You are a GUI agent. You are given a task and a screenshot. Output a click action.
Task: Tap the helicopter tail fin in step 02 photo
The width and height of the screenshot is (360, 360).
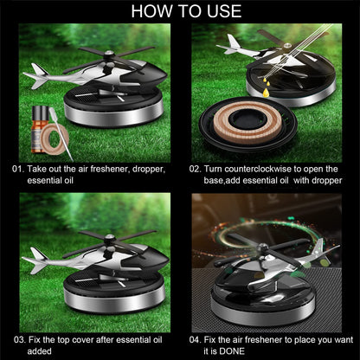coord(231,42)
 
